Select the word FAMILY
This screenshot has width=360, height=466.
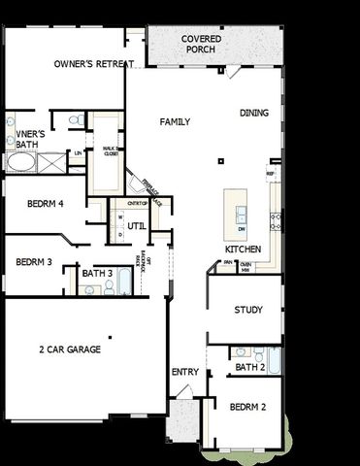pyautogui.click(x=175, y=122)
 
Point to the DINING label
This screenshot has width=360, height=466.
pyautogui.click(x=254, y=114)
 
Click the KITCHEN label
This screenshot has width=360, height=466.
pyautogui.click(x=242, y=250)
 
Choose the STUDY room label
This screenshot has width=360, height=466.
pyautogui.click(x=248, y=310)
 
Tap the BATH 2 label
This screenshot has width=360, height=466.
pyautogui.click(x=249, y=367)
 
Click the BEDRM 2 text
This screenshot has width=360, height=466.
pyautogui.click(x=247, y=408)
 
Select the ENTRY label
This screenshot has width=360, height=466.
pyautogui.click(x=184, y=372)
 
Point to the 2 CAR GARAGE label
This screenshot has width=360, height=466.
pyautogui.click(x=70, y=349)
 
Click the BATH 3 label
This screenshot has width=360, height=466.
pyautogui.click(x=97, y=274)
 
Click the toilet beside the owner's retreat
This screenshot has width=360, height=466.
pyautogui.click(x=74, y=120)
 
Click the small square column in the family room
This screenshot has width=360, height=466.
pyautogui.click(x=221, y=160)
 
